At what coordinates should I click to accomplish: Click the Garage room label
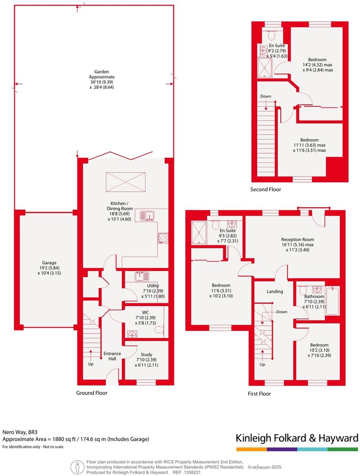pos(49,263)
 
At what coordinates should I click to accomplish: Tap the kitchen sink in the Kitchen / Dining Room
pos(147,215)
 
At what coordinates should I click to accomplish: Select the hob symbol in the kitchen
pos(163,238)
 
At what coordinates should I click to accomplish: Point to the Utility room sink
pos(142,276)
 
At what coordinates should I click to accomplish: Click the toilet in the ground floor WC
pos(162,329)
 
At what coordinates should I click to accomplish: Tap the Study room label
pos(146,355)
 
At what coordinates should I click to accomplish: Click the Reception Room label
pos(297,239)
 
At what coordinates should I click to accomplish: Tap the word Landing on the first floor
pos(275,291)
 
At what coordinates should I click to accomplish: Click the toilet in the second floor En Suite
pos(271,35)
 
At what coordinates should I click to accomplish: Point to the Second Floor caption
pos(265,190)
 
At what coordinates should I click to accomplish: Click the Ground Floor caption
pos(92,393)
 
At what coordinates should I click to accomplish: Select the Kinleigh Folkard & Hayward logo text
pos(296,438)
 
